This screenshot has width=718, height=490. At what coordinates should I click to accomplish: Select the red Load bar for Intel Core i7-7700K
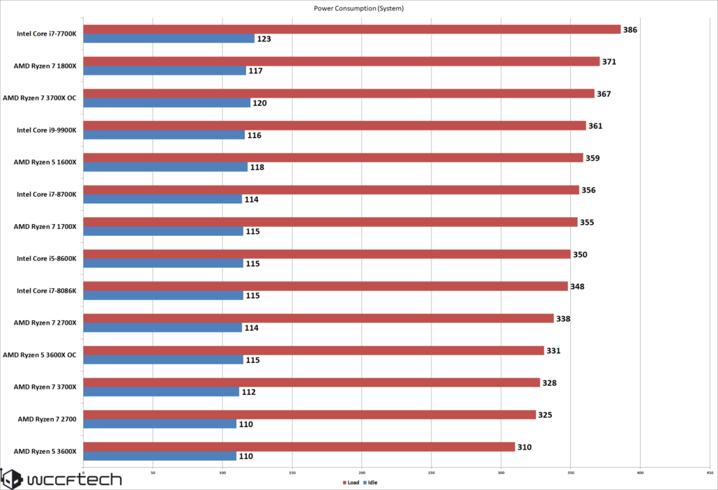click(x=351, y=29)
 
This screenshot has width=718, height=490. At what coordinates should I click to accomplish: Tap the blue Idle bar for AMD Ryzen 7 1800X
click(x=165, y=70)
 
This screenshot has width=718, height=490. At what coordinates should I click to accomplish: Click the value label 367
click(x=604, y=94)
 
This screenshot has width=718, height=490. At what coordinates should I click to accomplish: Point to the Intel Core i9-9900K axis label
click(x=46, y=130)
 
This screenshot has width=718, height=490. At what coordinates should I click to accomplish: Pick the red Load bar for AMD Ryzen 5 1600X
click(x=333, y=158)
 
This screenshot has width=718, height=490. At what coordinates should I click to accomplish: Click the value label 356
click(x=588, y=190)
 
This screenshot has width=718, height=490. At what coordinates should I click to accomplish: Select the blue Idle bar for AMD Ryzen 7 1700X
click(x=163, y=231)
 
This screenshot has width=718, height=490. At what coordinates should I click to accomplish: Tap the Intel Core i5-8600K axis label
click(x=46, y=258)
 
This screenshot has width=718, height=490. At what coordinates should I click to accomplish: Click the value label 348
click(x=577, y=286)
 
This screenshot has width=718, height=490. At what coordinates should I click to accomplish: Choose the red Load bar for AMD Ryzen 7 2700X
click(x=318, y=318)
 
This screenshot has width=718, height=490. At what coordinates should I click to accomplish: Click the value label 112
click(x=248, y=392)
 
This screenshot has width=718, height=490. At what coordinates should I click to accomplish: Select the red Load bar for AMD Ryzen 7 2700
click(x=309, y=415)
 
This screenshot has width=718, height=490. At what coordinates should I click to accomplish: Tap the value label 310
click(x=524, y=447)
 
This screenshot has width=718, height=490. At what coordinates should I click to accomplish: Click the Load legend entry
click(x=351, y=482)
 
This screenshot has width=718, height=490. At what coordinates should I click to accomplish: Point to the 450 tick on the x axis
click(x=710, y=473)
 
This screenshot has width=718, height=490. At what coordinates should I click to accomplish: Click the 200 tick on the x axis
click(x=362, y=473)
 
